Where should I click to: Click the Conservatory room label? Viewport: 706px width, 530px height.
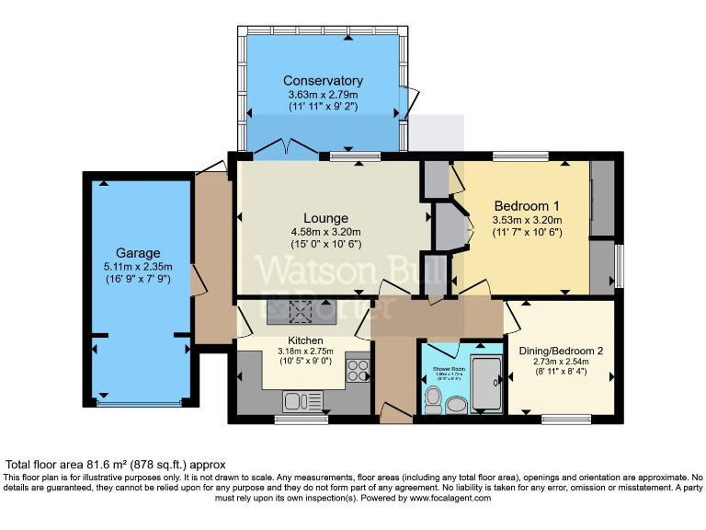[x=323, y=80]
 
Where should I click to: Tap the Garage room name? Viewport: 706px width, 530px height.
[x=138, y=253]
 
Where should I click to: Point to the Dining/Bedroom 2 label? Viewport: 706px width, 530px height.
[x=561, y=351]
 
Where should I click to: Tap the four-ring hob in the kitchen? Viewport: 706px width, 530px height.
[x=357, y=372]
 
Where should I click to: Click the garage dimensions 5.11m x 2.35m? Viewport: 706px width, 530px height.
[x=138, y=267]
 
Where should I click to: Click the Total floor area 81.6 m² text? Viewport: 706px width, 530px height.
[x=115, y=466]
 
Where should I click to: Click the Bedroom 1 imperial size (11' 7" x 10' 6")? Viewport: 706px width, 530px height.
[x=527, y=233]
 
